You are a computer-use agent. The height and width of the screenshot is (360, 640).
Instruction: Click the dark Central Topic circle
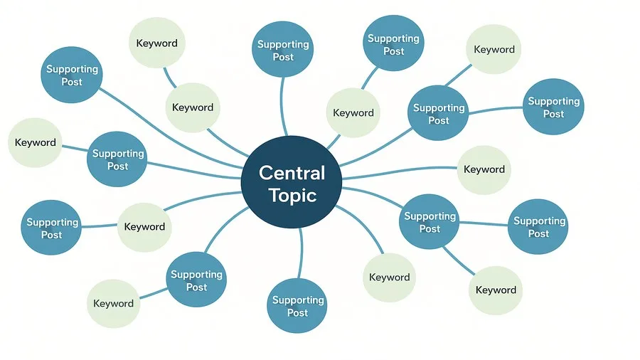pos(292,182)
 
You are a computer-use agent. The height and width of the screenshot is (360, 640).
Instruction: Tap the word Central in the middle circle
pos(292,173)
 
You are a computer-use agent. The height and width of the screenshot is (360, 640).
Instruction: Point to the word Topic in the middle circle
pos(292,196)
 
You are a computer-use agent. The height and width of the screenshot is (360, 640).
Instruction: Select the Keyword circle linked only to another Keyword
pos(157,43)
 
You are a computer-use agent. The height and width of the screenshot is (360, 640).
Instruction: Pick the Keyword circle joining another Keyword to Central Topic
pos(193,107)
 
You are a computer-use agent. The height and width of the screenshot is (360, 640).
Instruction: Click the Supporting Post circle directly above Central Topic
pos(282,50)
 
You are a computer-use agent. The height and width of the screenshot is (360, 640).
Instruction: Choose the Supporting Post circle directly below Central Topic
pos(297,306)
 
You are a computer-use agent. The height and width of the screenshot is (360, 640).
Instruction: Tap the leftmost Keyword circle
pos(35,142)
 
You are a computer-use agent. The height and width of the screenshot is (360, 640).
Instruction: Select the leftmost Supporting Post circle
pos(51,228)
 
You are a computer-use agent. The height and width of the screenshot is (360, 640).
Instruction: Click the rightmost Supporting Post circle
pos(553,107)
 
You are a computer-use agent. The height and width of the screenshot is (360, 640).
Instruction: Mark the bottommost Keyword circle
pos(114,303)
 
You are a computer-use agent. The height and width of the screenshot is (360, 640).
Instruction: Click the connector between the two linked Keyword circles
pos(170,78)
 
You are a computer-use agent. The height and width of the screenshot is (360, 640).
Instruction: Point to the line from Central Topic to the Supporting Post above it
pos(282,106)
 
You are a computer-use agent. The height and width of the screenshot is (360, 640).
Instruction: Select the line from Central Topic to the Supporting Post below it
pos(302,253)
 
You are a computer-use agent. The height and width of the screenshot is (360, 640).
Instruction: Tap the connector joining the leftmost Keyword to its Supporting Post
pos(75,148)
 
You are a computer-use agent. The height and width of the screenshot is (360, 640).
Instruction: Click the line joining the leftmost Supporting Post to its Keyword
pos(100,226)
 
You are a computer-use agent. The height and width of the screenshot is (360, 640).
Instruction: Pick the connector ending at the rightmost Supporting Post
pos(496,110)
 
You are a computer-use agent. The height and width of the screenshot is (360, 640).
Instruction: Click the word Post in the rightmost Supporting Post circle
pos(553,114)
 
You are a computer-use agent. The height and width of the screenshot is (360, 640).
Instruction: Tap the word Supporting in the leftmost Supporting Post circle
pos(53,223)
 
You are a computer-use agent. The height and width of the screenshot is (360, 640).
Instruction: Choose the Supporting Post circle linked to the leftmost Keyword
pos(117,159)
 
